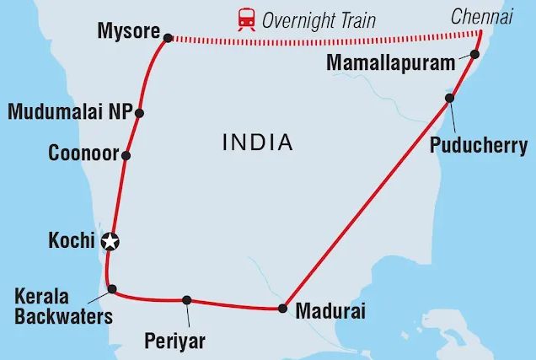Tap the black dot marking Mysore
tap(168, 38)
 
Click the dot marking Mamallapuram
tap(474, 55)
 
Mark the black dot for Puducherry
tap(450, 99)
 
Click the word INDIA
tap(257, 142)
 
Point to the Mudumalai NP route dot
tap(139, 113)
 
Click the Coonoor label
tap(83, 155)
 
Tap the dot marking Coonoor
tap(126, 155)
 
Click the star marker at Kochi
tap(110, 243)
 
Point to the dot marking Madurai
tap(282, 309)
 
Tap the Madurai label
tap(330, 311)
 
